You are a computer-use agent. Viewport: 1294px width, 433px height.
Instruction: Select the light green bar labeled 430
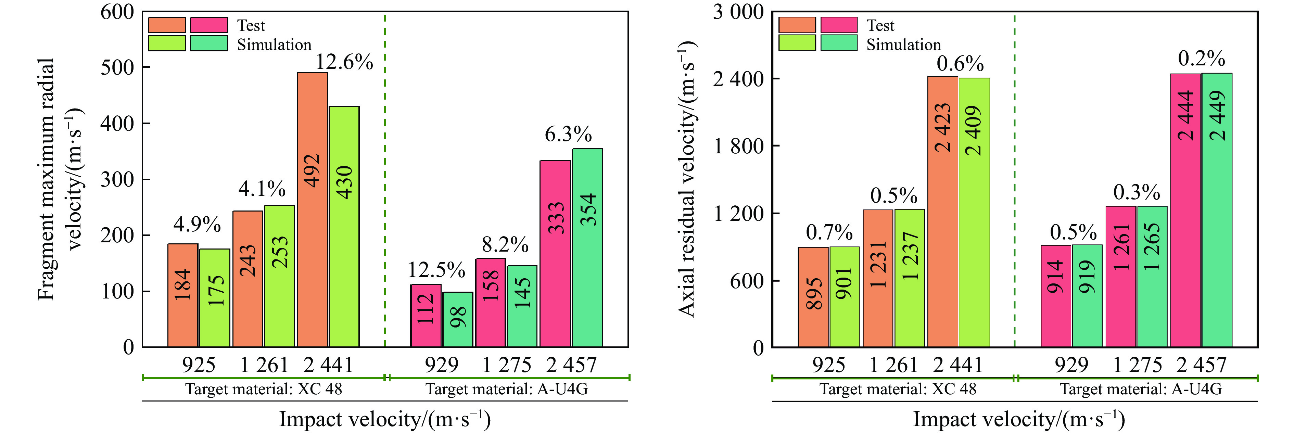pyautogui.click(x=344, y=226)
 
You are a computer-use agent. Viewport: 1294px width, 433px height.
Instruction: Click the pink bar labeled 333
pyautogui.click(x=555, y=254)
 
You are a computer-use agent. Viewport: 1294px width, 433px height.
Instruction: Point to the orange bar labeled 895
pyautogui.click(x=813, y=297)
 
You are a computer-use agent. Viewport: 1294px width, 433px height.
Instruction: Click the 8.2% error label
pyautogui.click(x=505, y=245)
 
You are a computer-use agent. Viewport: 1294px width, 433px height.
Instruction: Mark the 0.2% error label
pyautogui.click(x=1201, y=59)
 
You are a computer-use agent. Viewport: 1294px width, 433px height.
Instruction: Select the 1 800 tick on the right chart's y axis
pyautogui.click(x=737, y=146)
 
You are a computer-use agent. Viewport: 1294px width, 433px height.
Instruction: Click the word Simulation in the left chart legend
pyautogui.click(x=274, y=45)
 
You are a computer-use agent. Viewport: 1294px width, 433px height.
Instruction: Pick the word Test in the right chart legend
pyautogui.click(x=880, y=26)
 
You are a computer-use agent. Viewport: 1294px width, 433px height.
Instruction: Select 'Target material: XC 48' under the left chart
pyautogui.click(x=264, y=389)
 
